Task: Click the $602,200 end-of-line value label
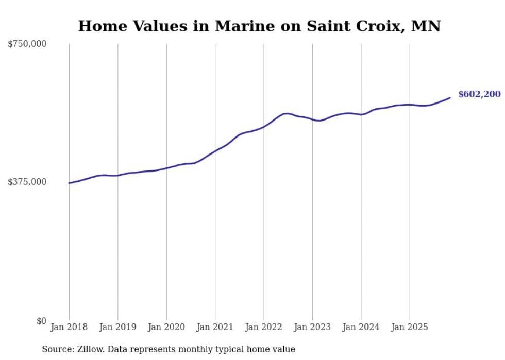[x=479, y=94]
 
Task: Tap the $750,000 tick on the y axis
[x=27, y=44]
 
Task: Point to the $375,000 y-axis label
[x=27, y=182]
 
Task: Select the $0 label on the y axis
[x=41, y=321]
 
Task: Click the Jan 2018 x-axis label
[x=69, y=327]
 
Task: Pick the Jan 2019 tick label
[x=117, y=327]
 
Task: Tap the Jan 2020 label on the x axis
[x=166, y=327]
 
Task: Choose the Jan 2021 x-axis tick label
[x=215, y=327]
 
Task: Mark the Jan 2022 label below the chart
[x=263, y=327]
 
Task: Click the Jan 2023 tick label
[x=312, y=327]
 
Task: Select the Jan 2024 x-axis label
[x=361, y=327]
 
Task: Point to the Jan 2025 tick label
[x=410, y=327]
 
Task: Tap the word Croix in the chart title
[x=377, y=26]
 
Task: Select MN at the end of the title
[x=426, y=26]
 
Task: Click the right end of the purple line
[x=450, y=98]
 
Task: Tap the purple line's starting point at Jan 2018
[x=69, y=183]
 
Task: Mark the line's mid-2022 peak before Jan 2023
[x=287, y=113]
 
